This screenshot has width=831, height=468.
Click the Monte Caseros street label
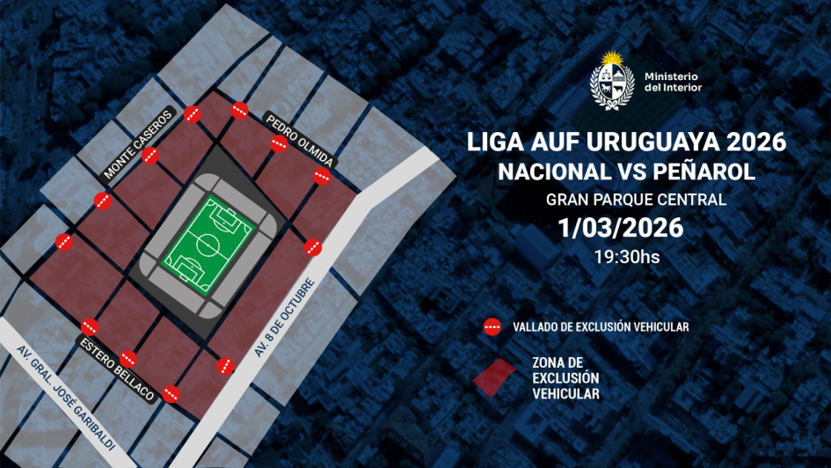coord(138,145)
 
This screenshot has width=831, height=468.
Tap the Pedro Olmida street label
coord(299,140)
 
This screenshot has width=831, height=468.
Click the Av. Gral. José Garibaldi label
coord(66,396)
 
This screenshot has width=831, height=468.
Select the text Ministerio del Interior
coord(673,82)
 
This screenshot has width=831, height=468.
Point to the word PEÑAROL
coord(707,171)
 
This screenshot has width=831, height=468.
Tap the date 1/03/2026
coord(621,228)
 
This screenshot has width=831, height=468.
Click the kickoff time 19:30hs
coord(627,258)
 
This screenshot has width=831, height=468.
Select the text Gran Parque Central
coord(636,200)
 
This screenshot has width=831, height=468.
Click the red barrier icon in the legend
coord(492,327)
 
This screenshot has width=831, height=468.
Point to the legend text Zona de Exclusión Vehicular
coord(566,378)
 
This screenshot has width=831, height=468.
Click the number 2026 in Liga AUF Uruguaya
coord(754,141)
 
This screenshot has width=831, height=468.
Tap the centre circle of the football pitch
coord(209,245)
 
